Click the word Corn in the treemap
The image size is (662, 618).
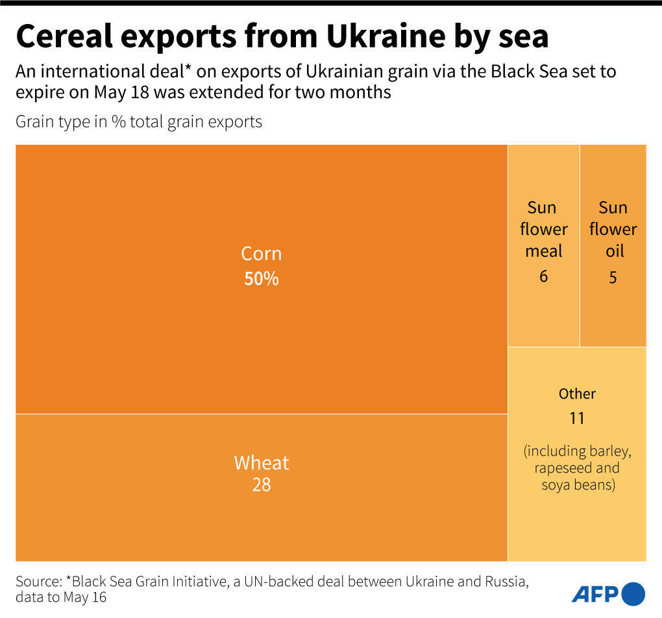[262, 253]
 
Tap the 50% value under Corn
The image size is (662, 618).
[262, 279]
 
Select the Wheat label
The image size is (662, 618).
[262, 463]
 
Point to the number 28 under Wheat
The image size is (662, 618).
[262, 485]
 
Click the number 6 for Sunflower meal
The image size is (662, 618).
[543, 277]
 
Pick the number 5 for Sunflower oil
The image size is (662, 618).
[613, 277]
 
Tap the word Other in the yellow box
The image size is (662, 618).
[577, 393]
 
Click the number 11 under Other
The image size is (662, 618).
[577, 419]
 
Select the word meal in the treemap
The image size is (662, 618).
[543, 251]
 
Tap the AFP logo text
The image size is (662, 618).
[595, 593]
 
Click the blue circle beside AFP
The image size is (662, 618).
[633, 593]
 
